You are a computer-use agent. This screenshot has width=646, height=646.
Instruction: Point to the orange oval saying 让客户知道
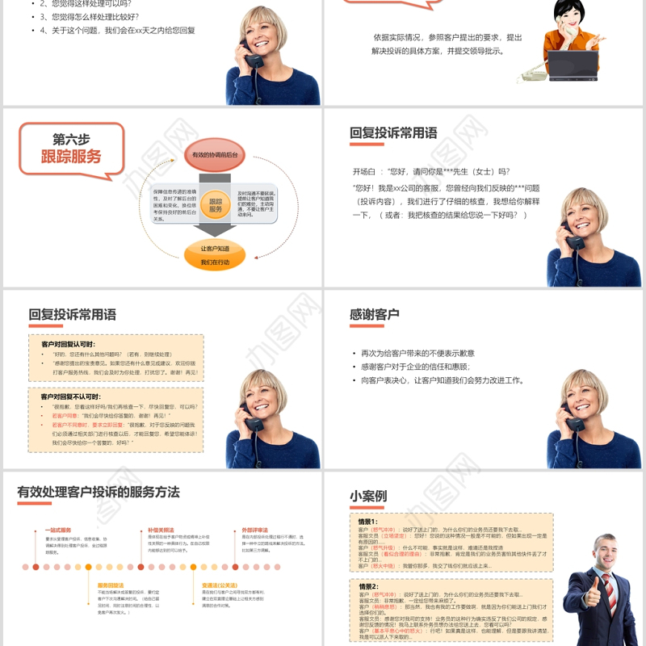(215, 249)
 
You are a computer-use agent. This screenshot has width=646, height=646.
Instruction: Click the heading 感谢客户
(374, 314)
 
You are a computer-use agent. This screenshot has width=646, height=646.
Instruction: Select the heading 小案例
(367, 496)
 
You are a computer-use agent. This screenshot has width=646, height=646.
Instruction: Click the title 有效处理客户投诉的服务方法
(98, 492)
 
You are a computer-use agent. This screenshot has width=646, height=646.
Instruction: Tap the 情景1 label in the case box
(369, 522)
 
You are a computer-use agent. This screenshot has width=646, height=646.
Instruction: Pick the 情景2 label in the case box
(369, 586)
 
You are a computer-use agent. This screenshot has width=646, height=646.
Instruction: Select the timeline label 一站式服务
(57, 530)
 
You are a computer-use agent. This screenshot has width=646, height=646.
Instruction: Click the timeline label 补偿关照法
(160, 530)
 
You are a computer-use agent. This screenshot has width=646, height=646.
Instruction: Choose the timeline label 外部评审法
(254, 530)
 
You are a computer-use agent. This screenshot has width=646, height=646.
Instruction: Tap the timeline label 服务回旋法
(110, 585)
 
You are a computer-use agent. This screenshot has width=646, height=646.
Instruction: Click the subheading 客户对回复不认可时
(70, 397)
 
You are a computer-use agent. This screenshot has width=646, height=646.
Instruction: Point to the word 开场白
(364, 171)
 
